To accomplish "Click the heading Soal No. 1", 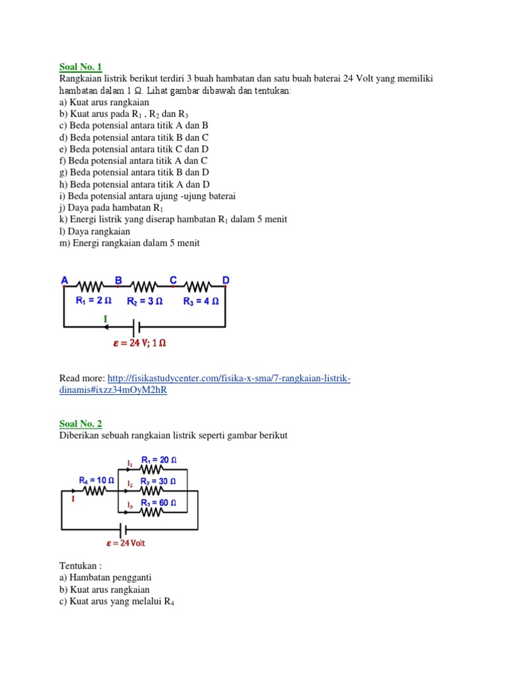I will coord(81,67).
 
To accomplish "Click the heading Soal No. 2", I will coord(81,424).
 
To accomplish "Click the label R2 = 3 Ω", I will coord(146,302).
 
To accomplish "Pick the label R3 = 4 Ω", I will coord(201,302).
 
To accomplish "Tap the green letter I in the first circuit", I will coord(105,319).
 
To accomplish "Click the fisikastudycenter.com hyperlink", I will coord(204,384).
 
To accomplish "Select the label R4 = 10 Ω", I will coord(97,480).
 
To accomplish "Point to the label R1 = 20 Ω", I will coord(158,460).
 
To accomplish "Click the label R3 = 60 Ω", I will coord(159,503).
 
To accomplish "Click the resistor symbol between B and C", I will coord(145,287).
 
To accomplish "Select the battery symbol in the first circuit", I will coord(135,327).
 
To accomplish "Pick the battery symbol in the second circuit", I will coord(122,529).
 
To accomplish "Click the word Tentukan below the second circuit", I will coord(80,565).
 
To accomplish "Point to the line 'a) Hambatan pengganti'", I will coord(105,577).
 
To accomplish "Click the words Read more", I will coord(82,379).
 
